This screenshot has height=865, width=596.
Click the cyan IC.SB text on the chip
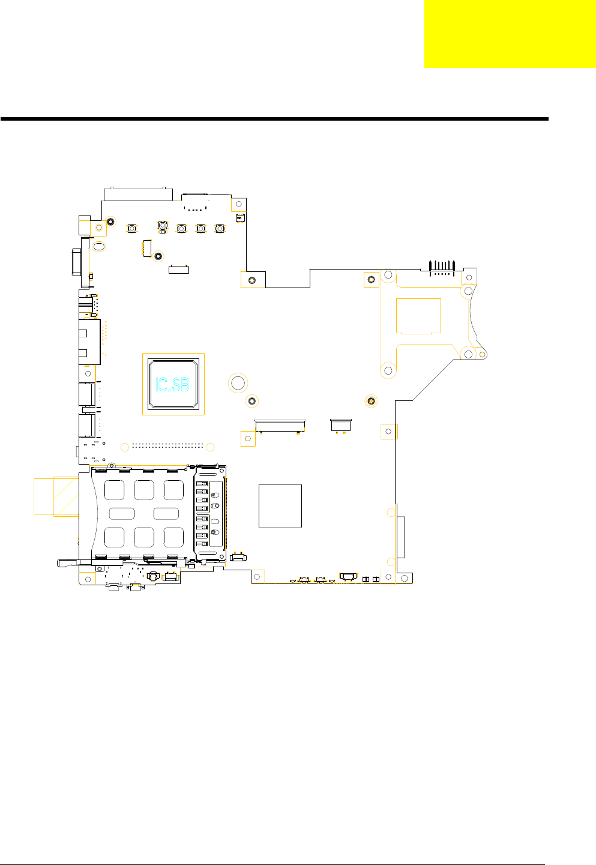[x=172, y=385]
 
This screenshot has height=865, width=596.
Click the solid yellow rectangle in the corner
[x=510, y=34]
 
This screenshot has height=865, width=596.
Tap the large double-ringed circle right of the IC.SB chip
[x=238, y=383]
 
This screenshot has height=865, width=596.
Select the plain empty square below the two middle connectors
[x=280, y=506]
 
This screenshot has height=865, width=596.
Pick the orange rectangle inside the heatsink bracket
[x=418, y=316]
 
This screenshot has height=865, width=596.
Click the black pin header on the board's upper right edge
[x=442, y=268]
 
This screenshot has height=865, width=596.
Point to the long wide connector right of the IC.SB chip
[x=280, y=426]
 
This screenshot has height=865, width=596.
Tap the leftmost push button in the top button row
[x=132, y=229]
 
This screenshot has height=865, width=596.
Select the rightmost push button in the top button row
[x=220, y=229]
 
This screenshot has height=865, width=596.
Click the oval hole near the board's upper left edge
[x=99, y=246]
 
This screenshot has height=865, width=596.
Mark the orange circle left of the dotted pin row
[x=124, y=447]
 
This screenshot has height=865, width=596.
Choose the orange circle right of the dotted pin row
[x=210, y=447]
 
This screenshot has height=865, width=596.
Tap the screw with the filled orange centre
[x=371, y=401]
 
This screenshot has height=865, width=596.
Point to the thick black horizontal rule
[x=274, y=119]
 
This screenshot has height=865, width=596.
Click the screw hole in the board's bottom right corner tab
[x=405, y=578]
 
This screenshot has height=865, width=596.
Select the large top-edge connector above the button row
[x=138, y=194]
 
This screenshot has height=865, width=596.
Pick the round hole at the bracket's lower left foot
[x=388, y=371]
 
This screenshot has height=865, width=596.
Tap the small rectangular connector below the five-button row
[x=179, y=270]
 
